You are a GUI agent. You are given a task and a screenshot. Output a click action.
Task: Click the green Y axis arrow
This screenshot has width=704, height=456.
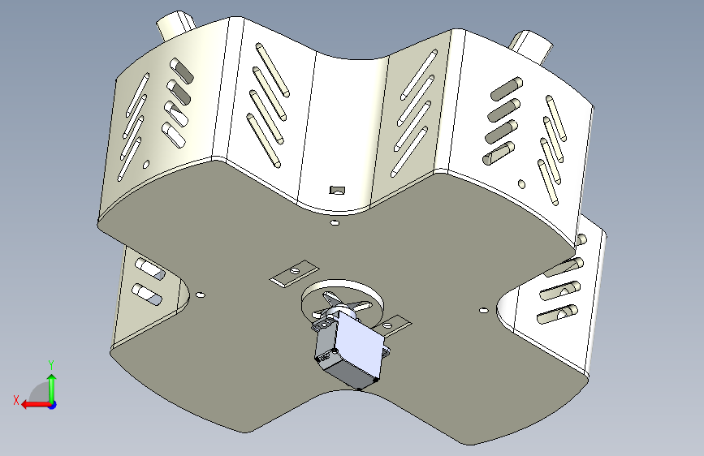point(52,389)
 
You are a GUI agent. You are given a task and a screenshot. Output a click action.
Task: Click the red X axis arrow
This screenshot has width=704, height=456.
point(37,405)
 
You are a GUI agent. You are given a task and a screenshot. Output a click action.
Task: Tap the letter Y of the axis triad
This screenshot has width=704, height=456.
point(52,364)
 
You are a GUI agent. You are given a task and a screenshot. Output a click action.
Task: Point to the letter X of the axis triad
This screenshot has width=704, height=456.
point(16,400)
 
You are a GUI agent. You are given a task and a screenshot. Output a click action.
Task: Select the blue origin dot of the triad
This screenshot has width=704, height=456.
point(53,405)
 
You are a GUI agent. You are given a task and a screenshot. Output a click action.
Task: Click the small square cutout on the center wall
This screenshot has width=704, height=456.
point(337,191)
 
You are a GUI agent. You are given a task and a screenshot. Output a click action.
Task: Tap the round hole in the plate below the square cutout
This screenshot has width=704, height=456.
point(335,222)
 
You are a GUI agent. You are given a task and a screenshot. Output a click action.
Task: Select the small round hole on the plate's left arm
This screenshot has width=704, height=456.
point(201,295)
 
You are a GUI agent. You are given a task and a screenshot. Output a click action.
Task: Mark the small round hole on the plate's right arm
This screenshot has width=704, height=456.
point(483,310)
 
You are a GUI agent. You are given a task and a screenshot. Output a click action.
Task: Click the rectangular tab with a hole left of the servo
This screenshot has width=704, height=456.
point(294,273)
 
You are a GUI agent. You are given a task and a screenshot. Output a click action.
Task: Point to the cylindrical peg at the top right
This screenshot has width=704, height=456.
point(530,45)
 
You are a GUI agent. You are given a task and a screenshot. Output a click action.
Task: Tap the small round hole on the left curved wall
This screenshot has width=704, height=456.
point(146,165)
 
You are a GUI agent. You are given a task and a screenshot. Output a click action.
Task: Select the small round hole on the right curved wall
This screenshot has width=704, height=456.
point(522,184)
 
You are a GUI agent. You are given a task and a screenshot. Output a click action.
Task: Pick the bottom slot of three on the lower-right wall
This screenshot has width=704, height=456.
point(558,314)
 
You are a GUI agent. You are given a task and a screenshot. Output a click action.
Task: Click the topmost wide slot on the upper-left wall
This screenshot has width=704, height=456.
point(181,71)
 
